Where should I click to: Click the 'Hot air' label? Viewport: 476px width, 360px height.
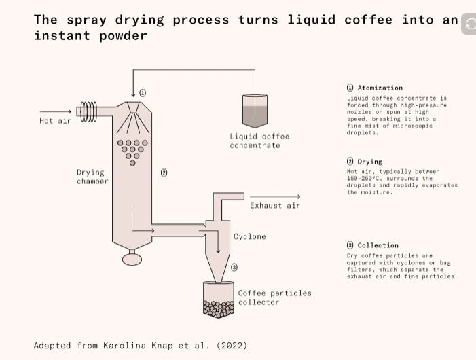[x=55, y=121]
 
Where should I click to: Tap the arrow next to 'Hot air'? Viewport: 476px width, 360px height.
[x=56, y=111]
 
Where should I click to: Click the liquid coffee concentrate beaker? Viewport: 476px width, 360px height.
[x=255, y=111]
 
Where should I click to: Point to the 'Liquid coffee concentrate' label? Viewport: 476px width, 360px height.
[x=259, y=141]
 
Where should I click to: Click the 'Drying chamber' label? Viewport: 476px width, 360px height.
[x=92, y=177]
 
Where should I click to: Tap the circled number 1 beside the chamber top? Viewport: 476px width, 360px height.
[x=143, y=92]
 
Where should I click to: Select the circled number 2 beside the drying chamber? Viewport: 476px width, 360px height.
[x=164, y=173]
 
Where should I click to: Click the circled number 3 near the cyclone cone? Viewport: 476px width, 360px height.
[x=234, y=268]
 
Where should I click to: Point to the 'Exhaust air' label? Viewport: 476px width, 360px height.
[x=274, y=205]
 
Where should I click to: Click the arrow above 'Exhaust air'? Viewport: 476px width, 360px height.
[x=275, y=197]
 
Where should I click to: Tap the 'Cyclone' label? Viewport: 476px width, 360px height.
[x=250, y=237]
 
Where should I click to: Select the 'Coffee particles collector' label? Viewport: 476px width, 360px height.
[x=274, y=298]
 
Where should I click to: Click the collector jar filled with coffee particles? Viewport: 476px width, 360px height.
[x=218, y=301]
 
